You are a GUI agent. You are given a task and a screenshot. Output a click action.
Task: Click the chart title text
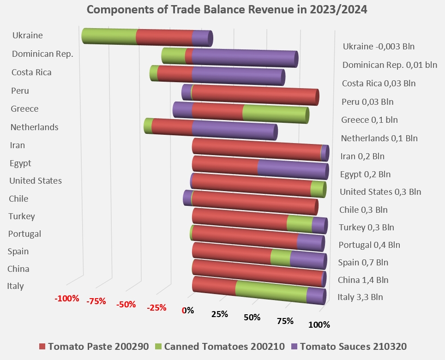coord(227,10)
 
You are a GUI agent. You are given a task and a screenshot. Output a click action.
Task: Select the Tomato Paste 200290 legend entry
coord(94,346)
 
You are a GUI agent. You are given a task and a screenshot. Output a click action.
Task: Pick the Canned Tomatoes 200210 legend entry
coord(220,346)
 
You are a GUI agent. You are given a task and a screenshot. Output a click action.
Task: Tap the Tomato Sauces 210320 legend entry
coord(349,346)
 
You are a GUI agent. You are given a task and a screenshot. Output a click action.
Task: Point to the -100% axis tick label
coord(67,299)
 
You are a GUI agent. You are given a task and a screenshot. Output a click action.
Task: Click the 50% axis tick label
coord(252,317)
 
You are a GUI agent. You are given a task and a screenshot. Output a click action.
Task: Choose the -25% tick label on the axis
coord(156,307)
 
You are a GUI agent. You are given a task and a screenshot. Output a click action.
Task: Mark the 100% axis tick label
coord(319,324)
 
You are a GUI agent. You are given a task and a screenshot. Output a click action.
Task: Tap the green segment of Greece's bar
coord(275,114)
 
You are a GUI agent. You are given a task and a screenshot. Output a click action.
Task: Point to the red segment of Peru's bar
coord(255,95)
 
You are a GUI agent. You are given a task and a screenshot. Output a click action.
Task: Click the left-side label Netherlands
coord(34,127)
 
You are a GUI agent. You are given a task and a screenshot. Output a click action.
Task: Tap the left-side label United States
coord(36,181)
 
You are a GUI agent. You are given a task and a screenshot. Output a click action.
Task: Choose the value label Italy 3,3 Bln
coord(360,297)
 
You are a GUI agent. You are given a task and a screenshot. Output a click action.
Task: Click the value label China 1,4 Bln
coord(363,280)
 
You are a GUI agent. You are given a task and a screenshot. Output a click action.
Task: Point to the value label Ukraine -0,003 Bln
coord(379,47)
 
